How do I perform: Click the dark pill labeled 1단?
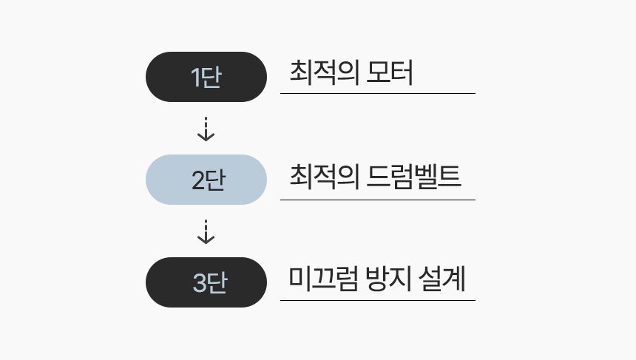click(206, 77)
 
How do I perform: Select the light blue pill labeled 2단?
click(206, 180)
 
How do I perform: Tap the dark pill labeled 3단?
click(206, 282)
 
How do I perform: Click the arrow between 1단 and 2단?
click(206, 129)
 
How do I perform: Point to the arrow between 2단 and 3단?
click(206, 232)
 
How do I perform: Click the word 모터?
click(390, 72)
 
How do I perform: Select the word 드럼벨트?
click(413, 177)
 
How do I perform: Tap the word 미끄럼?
click(323, 279)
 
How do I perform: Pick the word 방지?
click(387, 279)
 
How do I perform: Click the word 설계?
click(442, 279)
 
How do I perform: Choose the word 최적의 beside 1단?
click(325, 72)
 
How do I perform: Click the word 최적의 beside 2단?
click(325, 177)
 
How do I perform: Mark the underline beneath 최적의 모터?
click(378, 93)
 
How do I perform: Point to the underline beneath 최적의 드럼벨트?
click(378, 200)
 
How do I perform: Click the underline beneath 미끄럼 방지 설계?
click(378, 300)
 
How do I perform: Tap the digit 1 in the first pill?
click(195, 78)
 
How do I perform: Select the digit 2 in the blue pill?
click(198, 180)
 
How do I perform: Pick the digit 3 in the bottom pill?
click(200, 283)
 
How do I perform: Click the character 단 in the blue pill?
click(216, 180)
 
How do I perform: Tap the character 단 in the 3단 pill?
click(217, 283)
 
